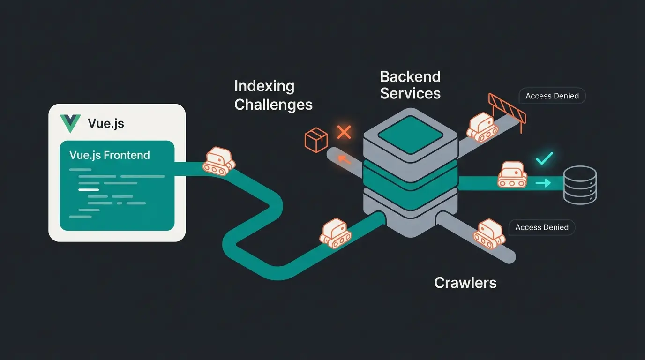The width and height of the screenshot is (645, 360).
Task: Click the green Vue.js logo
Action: [70, 123]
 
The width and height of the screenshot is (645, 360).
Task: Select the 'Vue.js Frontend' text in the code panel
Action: [110, 155]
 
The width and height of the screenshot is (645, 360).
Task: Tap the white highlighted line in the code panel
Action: [89, 190]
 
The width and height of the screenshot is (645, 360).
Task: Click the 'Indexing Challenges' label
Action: [273, 95]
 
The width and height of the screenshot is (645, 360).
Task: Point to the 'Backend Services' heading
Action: [410, 85]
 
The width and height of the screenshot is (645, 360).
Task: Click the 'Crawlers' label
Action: [465, 283]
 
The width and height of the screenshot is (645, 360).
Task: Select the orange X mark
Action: [344, 132]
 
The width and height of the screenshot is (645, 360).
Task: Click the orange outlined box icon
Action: [316, 140]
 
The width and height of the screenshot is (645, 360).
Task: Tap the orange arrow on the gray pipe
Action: [345, 160]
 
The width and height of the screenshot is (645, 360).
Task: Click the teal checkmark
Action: [544, 158]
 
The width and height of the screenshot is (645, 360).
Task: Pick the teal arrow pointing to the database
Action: [543, 183]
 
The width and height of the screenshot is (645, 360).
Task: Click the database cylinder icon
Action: [580, 185]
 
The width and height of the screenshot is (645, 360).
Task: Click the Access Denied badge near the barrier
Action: [552, 96]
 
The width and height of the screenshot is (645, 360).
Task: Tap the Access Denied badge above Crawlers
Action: [542, 227]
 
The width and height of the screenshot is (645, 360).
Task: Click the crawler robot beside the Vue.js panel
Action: [218, 161]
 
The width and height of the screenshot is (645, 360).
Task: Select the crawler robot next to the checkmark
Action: [512, 174]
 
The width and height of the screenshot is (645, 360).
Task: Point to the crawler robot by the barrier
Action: [482, 127]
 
